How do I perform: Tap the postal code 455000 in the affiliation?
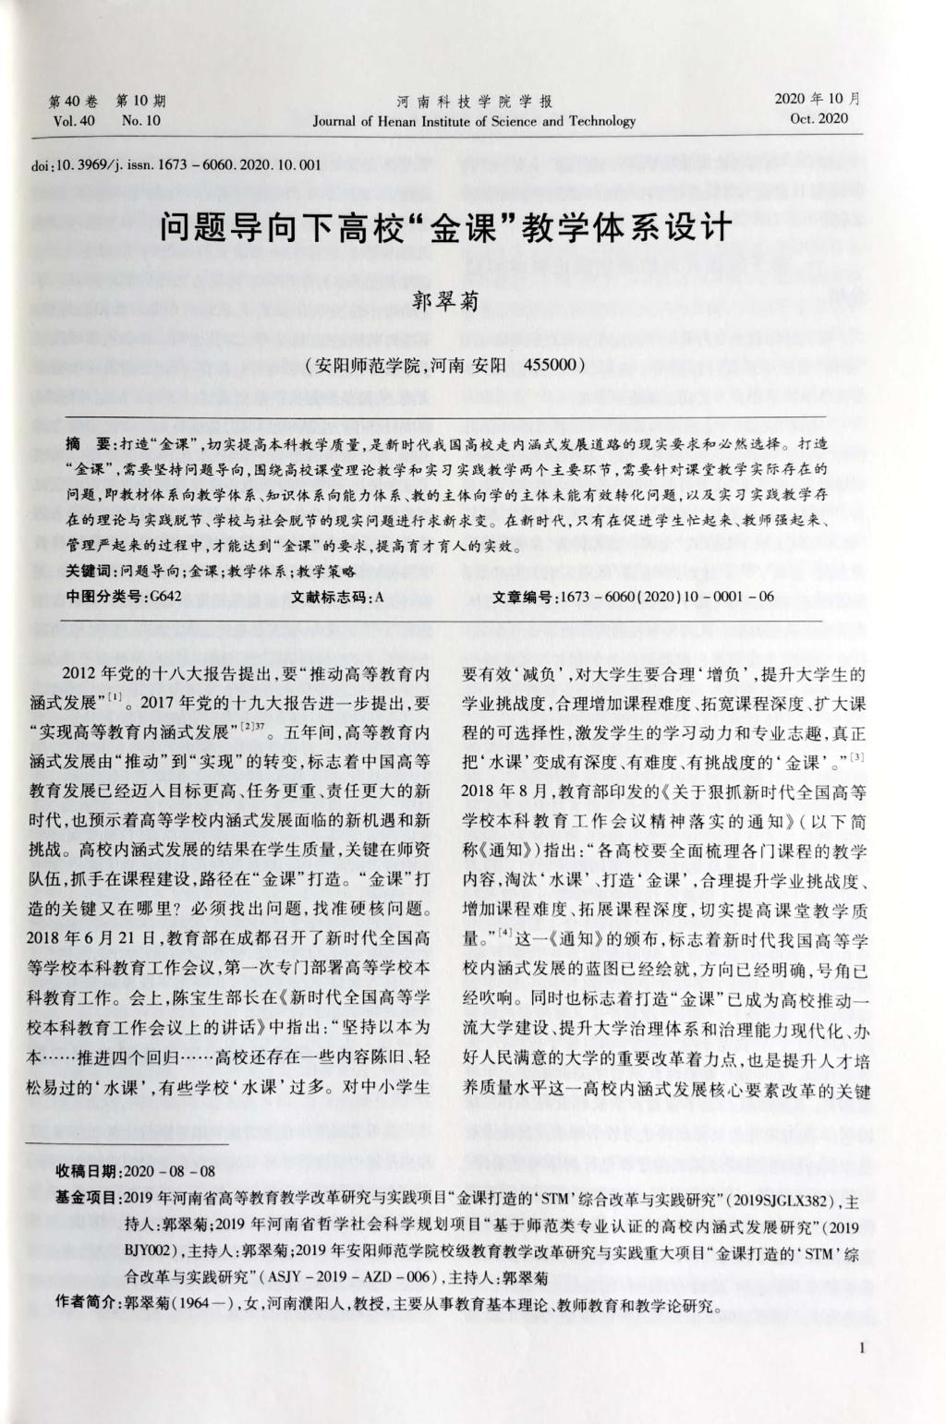tap(551, 364)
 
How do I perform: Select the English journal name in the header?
tap(474, 121)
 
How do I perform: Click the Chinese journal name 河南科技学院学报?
tap(474, 102)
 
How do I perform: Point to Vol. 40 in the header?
tap(74, 121)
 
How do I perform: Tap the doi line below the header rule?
tap(176, 166)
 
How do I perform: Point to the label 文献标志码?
tap(327, 597)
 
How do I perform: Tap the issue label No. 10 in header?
tap(140, 121)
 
